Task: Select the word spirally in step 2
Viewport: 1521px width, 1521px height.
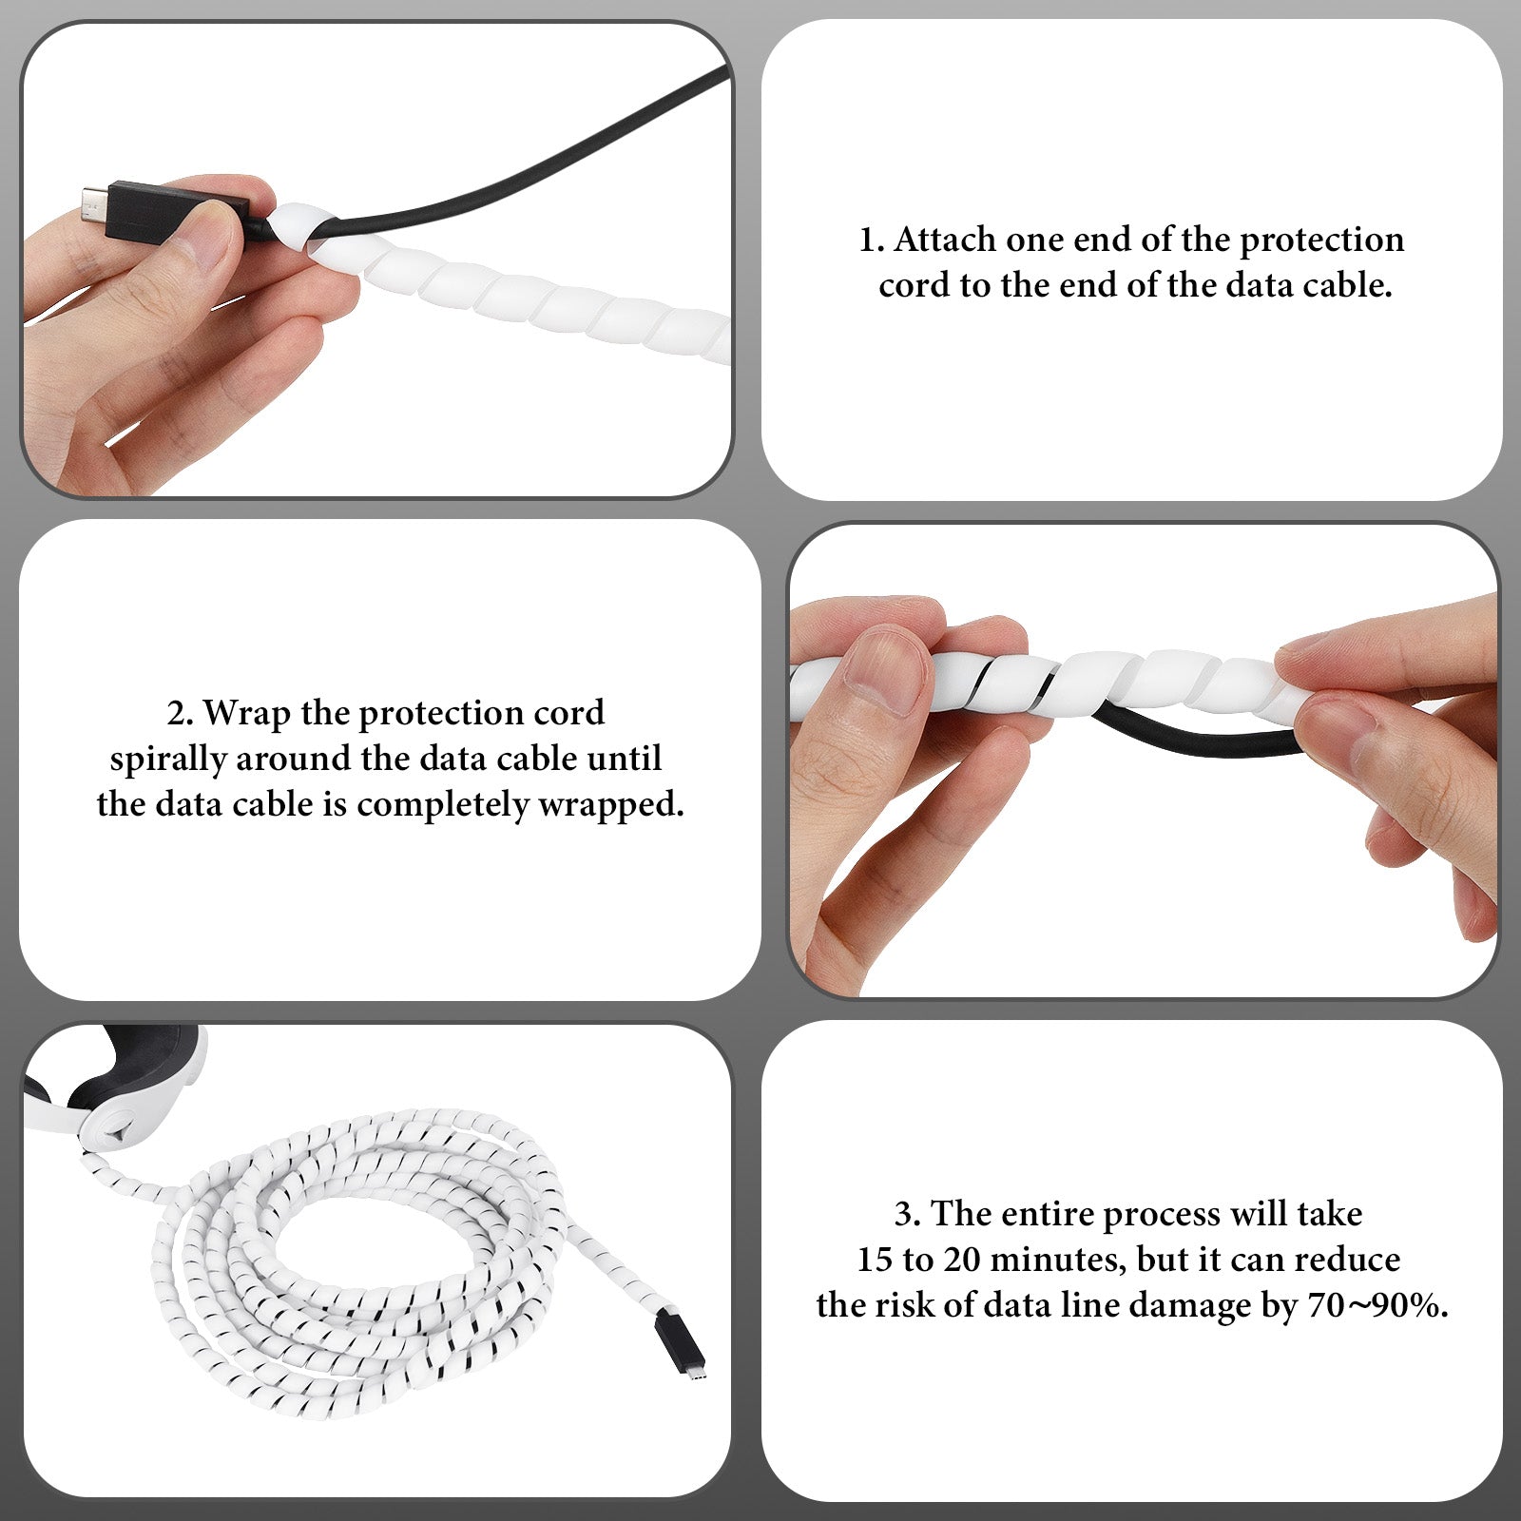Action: [167, 760]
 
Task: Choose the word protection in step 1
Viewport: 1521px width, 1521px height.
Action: [1322, 241]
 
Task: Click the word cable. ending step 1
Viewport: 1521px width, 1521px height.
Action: [1348, 285]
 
